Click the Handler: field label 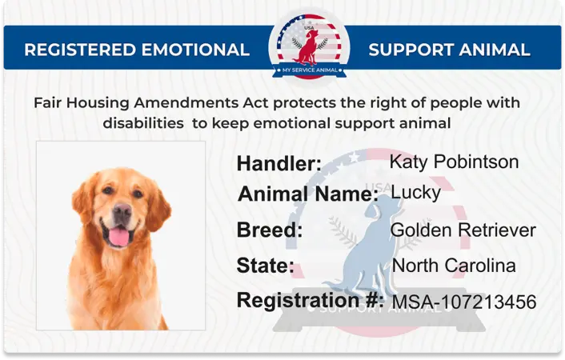click(x=278, y=164)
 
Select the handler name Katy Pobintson click(x=454, y=162)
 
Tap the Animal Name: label click(x=308, y=194)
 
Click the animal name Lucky click(x=415, y=193)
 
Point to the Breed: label click(x=269, y=230)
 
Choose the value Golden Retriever click(x=463, y=230)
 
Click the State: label click(x=266, y=266)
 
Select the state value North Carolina click(x=453, y=266)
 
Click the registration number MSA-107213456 click(x=463, y=302)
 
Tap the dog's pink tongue click(x=118, y=235)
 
